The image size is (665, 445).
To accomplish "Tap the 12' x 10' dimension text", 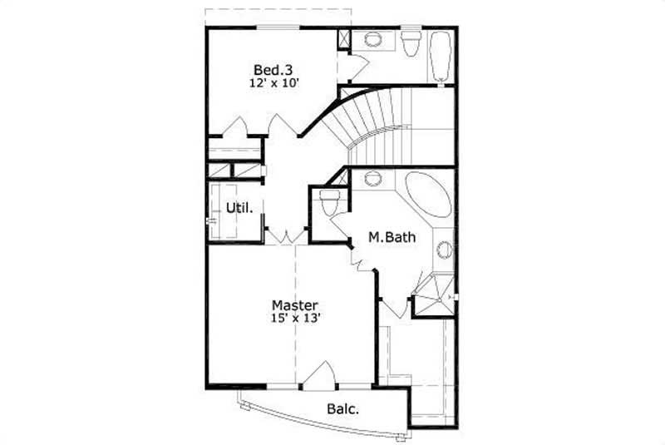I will [x=273, y=83].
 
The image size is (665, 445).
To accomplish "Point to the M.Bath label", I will [x=392, y=239].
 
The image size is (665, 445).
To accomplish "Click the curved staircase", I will [x=374, y=125].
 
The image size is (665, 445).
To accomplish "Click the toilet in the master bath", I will [x=330, y=202].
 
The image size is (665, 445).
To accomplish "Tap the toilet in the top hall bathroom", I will [x=411, y=43].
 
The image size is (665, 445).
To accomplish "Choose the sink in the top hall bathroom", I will [x=372, y=39].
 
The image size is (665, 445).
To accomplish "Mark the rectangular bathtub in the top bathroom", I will [x=440, y=56].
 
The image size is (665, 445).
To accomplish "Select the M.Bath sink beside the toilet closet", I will [x=372, y=177].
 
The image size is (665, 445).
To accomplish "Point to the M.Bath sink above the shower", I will [x=445, y=248].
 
